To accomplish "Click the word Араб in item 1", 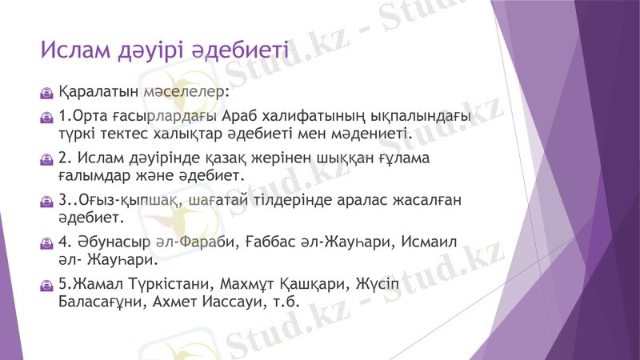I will click(x=243, y=118).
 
